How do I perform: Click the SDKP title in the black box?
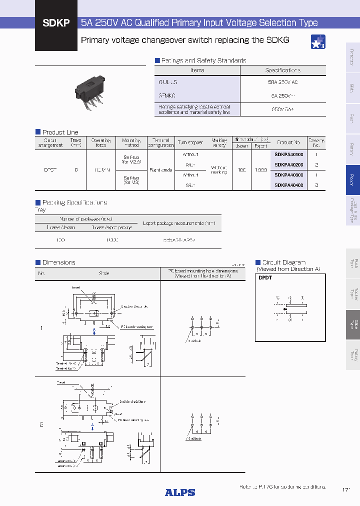point(56,23)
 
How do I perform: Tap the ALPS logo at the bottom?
point(180,492)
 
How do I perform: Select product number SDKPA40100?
point(289,154)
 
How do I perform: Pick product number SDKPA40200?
point(289,164)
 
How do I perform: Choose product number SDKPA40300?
point(289,175)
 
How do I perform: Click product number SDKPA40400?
point(289,185)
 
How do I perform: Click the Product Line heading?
point(60,132)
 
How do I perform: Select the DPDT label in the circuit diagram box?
point(265,277)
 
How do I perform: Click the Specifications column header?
point(282,70)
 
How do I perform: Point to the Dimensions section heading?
point(58,262)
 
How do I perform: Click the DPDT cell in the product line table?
point(50,170)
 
